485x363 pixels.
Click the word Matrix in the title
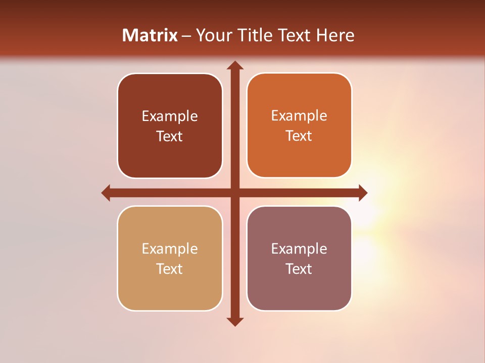point(150,35)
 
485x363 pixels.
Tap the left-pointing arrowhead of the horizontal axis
point(106,193)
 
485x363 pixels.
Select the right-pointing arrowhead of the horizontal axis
point(362,193)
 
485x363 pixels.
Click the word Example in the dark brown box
point(170,116)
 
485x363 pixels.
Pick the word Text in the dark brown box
point(170,137)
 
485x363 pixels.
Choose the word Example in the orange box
point(299,116)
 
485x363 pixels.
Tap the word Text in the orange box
point(299,136)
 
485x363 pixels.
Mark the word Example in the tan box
point(170,249)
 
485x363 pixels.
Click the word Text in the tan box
point(170,269)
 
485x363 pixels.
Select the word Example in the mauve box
point(299,249)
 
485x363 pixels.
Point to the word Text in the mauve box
point(299,269)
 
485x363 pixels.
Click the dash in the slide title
point(186,36)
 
